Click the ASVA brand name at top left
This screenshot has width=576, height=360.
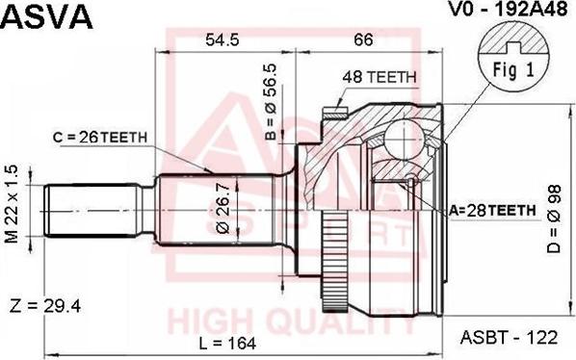(46, 15)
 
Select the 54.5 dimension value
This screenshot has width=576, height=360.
(223, 39)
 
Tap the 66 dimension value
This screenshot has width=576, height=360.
(364, 39)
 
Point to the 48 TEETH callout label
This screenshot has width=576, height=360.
(380, 77)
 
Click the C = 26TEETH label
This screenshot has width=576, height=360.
(100, 138)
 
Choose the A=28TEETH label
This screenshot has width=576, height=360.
(492, 210)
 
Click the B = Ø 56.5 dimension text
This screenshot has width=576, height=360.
(271, 102)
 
